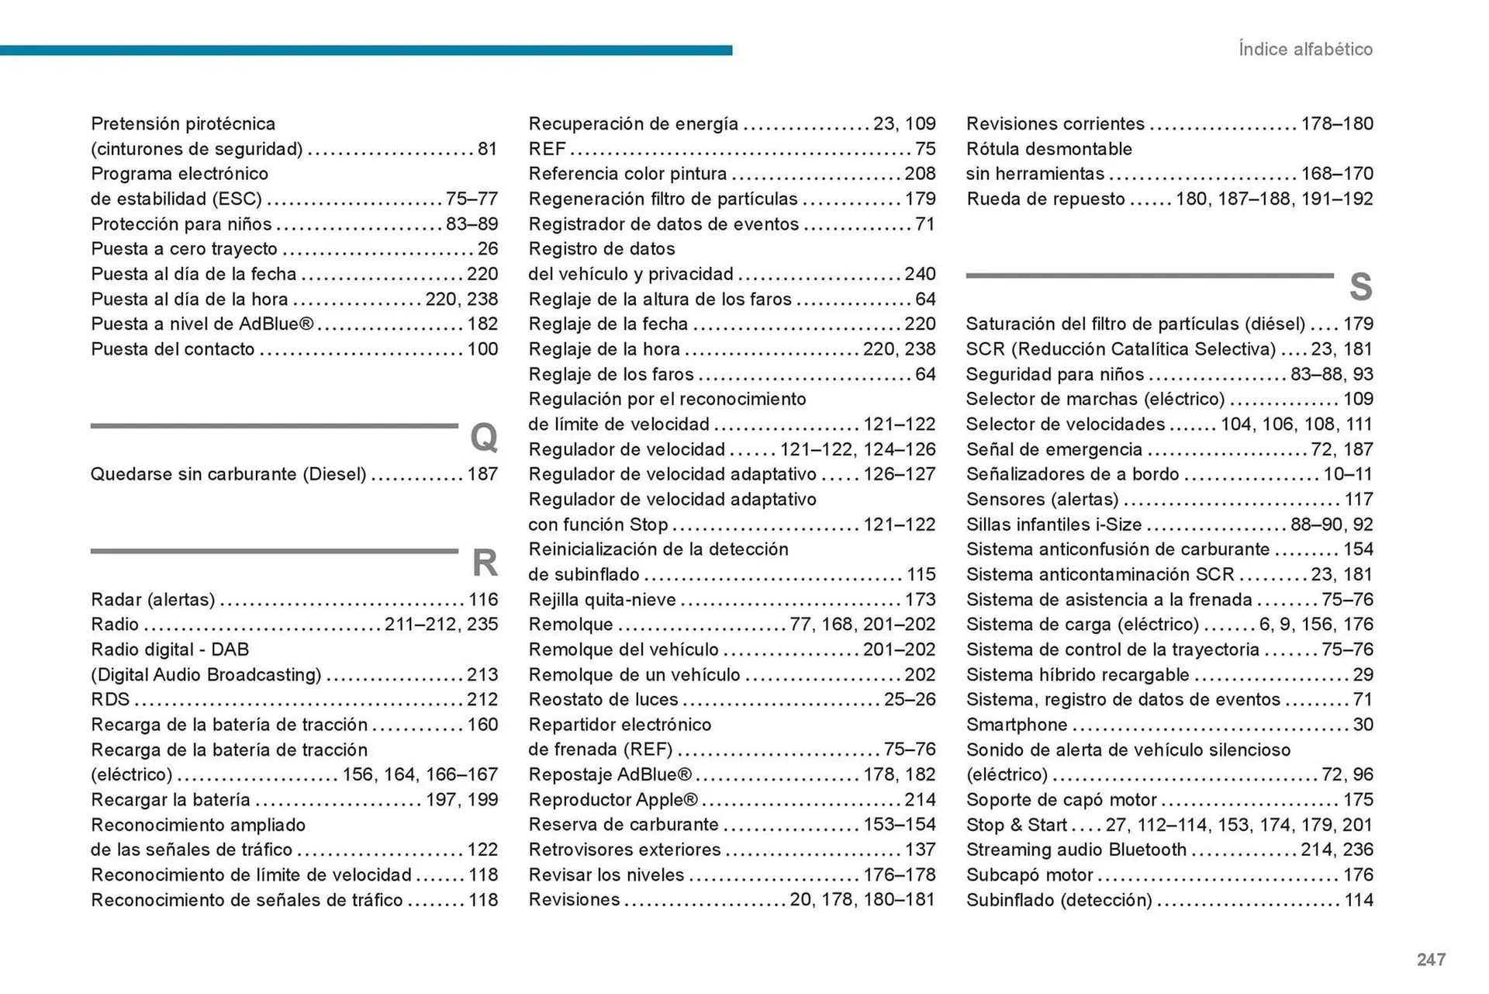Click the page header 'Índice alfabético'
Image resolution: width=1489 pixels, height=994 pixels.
[x=1305, y=49]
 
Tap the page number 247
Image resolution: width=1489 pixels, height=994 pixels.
[x=1431, y=960]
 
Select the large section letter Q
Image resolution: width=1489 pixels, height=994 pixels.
[x=484, y=438]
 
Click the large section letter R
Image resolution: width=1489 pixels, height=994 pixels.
[x=485, y=563]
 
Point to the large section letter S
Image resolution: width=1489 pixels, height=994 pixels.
[x=1360, y=287]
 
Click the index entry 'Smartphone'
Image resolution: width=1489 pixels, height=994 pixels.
[x=1017, y=725]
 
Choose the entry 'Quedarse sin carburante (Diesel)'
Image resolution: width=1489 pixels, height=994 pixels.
[x=228, y=474]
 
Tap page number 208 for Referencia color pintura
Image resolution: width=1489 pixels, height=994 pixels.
[x=920, y=174]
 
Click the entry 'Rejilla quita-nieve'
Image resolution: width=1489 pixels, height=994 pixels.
[x=602, y=600]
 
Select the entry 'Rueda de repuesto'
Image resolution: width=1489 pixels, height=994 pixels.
[x=1045, y=199]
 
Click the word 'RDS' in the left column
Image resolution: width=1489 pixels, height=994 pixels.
[x=110, y=700]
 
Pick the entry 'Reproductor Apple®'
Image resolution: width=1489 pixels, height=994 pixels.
[x=613, y=800]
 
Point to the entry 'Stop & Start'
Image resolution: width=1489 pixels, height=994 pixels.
[x=1016, y=825]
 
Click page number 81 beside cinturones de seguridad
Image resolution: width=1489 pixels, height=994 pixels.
[x=487, y=149]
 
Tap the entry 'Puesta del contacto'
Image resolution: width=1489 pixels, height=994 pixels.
[x=172, y=349]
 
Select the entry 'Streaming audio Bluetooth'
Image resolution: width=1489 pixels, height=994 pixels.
[x=1076, y=850]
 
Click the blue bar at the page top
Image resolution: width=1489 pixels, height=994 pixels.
[x=364, y=50]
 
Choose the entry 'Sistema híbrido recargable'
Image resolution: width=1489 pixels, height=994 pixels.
[x=1077, y=675]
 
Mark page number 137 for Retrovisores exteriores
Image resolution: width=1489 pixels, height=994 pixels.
[x=920, y=850]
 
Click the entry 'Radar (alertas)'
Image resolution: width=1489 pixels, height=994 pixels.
[x=153, y=600]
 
